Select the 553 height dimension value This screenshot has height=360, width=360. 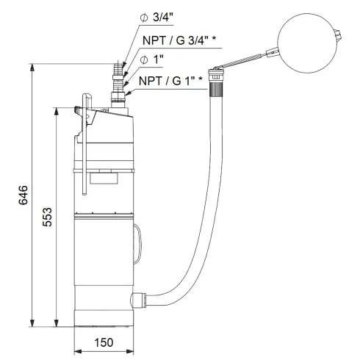(x=47, y=217)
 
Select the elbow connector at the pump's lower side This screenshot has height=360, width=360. (x=135, y=300)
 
